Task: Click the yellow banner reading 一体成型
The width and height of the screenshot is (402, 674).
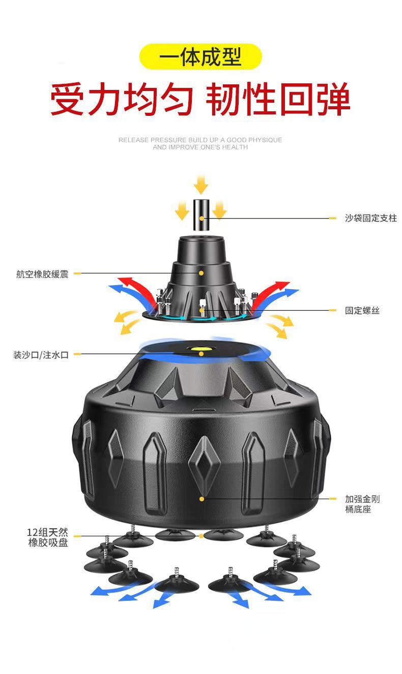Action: pos(200,56)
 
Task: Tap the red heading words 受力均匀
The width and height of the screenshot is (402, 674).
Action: pos(122,100)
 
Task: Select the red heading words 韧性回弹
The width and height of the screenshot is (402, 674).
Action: pos(278,100)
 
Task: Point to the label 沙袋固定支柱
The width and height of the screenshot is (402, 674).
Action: pos(370,218)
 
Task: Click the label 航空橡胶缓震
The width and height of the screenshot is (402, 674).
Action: pos(42,274)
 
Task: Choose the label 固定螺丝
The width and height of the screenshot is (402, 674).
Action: pos(362,311)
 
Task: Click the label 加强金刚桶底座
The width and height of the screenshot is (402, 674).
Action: pos(362,504)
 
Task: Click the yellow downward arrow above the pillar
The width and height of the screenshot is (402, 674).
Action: pos(202,184)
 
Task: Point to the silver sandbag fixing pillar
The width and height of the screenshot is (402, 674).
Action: pos(202,217)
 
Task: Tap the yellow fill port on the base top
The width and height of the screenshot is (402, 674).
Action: pos(201,350)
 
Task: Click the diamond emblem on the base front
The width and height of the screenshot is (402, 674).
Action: pos(202,460)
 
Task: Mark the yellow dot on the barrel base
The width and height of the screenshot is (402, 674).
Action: pos(202,499)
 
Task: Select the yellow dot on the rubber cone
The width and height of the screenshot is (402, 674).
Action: pos(202,273)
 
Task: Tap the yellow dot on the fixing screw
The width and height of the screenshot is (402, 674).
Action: pos(202,309)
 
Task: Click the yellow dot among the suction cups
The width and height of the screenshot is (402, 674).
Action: pos(202,536)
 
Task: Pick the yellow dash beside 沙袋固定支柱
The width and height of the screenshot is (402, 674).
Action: pos(333,218)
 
